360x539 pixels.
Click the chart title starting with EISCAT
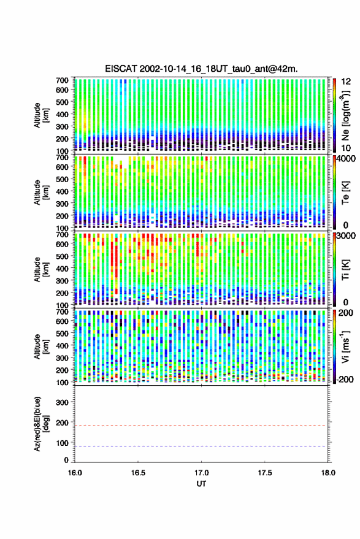[x=201, y=69]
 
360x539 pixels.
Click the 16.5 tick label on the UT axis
[x=138, y=473]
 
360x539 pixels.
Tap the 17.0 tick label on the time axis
[x=201, y=473]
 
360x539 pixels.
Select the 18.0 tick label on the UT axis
[x=328, y=473]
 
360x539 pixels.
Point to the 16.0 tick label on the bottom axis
[x=75, y=473]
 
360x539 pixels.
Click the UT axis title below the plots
[x=201, y=484]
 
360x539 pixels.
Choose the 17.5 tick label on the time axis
[x=265, y=473]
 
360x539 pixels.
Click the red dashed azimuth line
[x=201, y=426]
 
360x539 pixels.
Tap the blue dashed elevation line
[x=201, y=446]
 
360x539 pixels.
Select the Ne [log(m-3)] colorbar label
[x=345, y=115]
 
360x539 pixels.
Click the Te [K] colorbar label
[x=345, y=193]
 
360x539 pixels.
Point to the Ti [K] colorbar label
[x=345, y=270]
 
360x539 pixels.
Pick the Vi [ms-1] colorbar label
[x=345, y=346]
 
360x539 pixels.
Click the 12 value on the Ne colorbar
[x=347, y=82]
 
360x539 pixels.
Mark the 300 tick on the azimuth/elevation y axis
[x=62, y=402]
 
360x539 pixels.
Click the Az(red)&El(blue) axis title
[x=41, y=424]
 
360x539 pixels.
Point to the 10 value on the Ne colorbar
[x=347, y=148]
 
